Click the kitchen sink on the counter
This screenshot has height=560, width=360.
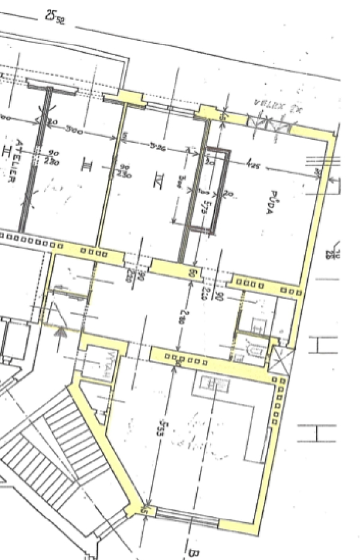point(212,383)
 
